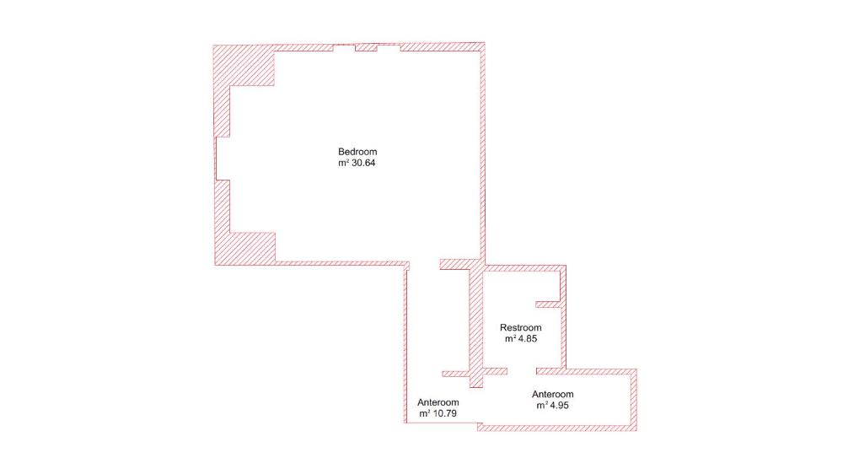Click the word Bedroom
[x=357, y=152]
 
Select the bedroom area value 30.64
[x=363, y=163]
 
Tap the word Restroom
[x=520, y=327]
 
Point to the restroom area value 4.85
[x=528, y=339]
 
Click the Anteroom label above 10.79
[x=438, y=402]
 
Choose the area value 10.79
[x=444, y=414]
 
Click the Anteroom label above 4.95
[x=553, y=395]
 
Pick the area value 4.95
[x=559, y=406]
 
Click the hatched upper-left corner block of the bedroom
[x=244, y=65]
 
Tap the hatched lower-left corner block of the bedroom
[x=245, y=249]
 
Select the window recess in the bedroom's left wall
[x=223, y=159]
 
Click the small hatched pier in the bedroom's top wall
[x=366, y=48]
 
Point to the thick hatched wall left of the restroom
[x=476, y=326]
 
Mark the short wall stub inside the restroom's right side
[x=549, y=304]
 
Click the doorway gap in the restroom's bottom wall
[x=522, y=371]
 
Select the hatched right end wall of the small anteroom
[x=633, y=400]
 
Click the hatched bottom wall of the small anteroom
[x=557, y=428]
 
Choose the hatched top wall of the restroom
[x=524, y=268]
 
